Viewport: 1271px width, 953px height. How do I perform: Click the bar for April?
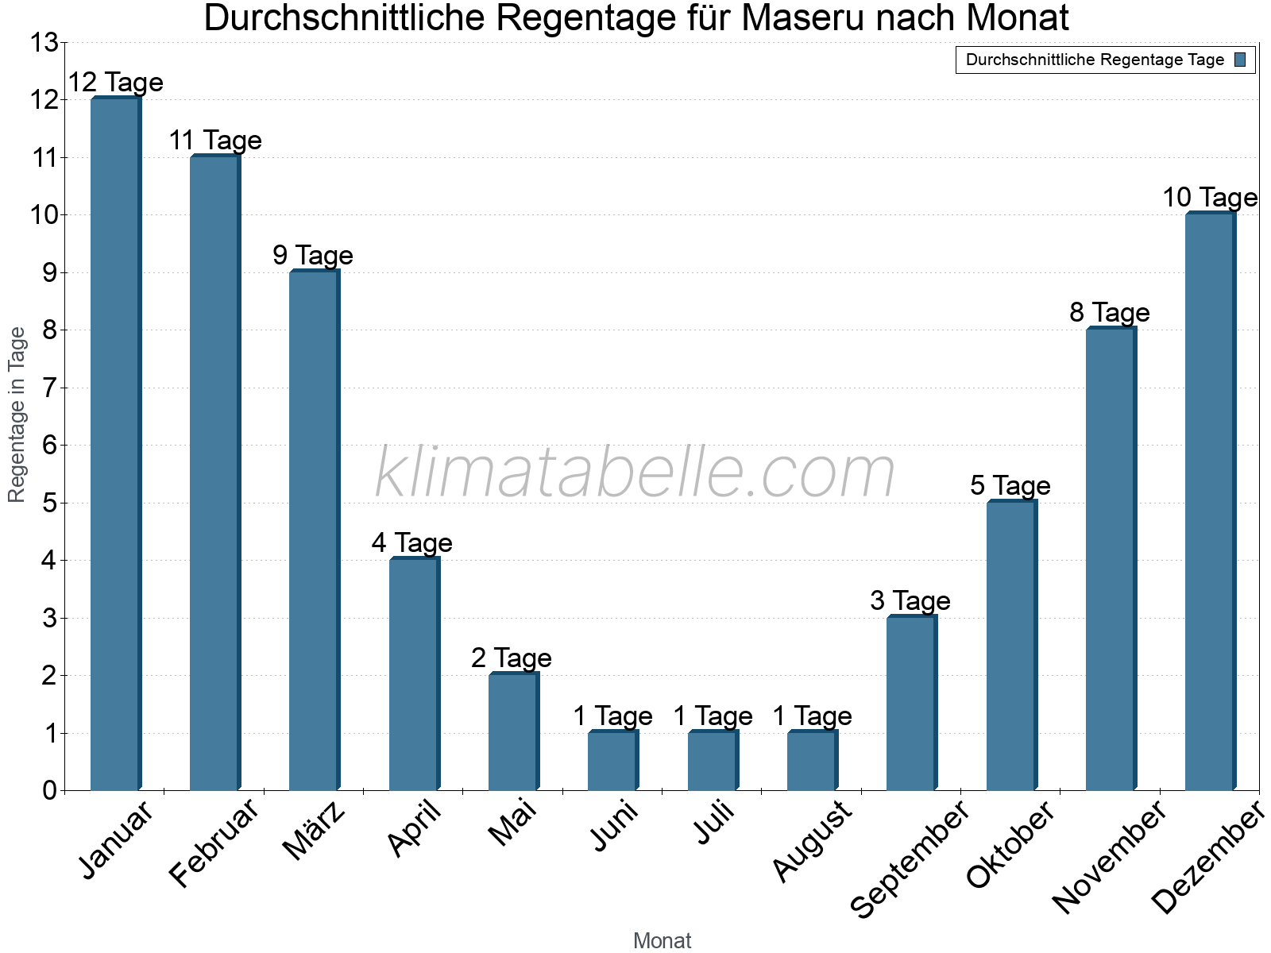pos(414,674)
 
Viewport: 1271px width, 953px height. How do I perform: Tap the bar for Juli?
pos(713,760)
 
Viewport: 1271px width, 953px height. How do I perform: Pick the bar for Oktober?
pos(1011,645)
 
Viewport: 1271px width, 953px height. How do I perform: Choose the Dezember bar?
pos(1210,501)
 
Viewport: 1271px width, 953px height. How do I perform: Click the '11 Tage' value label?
pos(215,141)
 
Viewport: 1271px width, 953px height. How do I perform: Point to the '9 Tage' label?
pos(313,256)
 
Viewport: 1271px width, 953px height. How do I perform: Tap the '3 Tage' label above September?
pos(910,601)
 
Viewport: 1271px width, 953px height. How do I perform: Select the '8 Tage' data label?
pos(1110,313)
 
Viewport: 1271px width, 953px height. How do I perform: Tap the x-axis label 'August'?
pos(812,841)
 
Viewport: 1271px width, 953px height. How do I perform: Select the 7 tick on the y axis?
pos(51,388)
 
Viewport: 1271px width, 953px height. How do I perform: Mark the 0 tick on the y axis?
pos(51,791)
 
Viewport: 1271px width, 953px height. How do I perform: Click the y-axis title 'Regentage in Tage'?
pos(17,415)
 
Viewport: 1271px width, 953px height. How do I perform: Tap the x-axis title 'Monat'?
pos(662,941)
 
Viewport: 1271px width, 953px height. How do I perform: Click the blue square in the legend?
pos(1240,60)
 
